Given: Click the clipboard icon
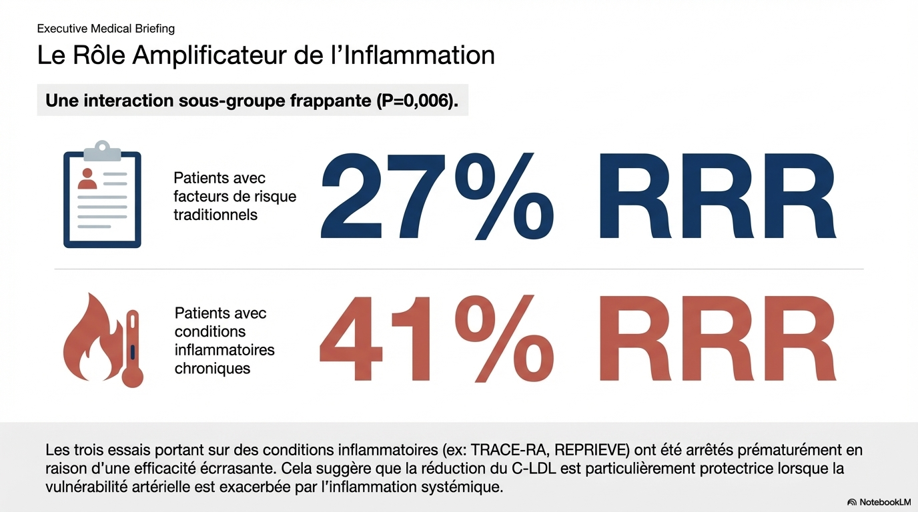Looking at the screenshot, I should coord(102,196).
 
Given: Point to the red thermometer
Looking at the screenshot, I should coord(133,348).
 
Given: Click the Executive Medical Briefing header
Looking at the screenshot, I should coord(106,29).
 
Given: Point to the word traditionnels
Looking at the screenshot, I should coord(215,215).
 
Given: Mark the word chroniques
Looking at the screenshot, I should coord(212,368).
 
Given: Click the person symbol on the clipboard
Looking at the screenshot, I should coord(87,179).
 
